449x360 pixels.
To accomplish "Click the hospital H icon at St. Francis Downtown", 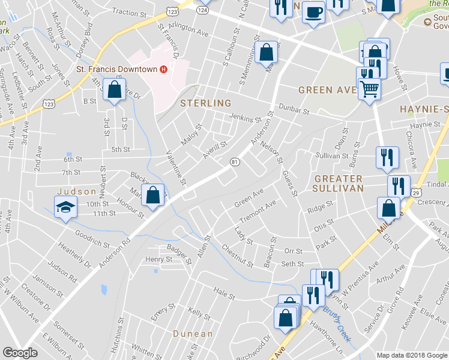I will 163,70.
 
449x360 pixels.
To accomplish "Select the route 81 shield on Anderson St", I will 235,162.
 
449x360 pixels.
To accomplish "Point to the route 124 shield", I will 203,10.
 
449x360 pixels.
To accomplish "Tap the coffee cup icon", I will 313,13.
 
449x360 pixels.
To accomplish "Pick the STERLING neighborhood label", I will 206,103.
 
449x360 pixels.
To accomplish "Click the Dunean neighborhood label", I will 193,334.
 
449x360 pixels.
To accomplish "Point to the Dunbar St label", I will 294,110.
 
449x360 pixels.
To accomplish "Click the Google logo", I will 20,353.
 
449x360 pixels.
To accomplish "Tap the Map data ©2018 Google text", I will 411,355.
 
